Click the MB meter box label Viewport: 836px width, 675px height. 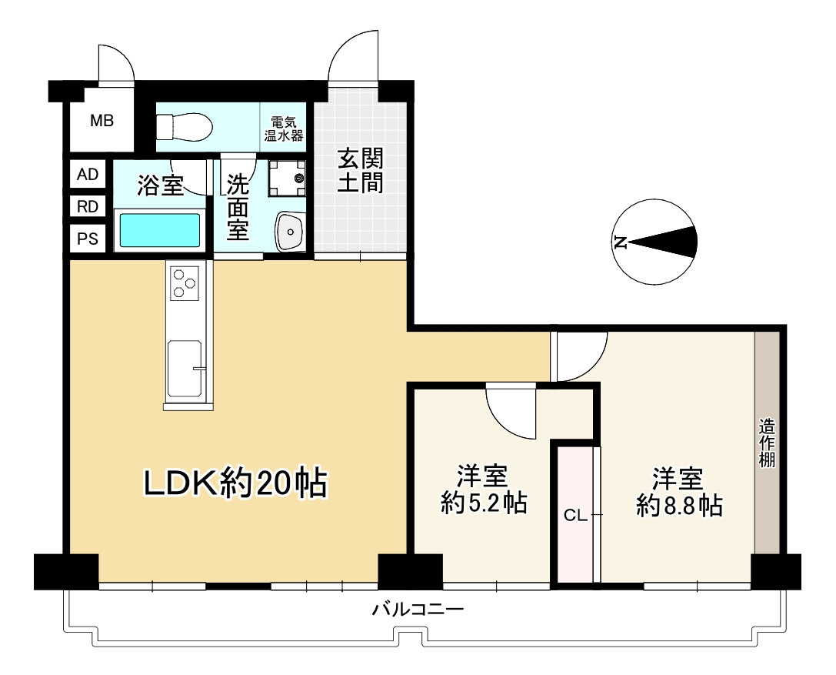tap(102, 121)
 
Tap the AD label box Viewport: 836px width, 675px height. tap(88, 174)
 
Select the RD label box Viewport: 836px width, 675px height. tap(88, 206)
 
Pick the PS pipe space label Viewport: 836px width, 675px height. tap(88, 238)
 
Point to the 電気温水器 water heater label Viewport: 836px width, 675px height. tap(284, 129)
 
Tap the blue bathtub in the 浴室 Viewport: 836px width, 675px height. tap(160, 230)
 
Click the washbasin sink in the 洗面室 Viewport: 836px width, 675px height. tap(290, 231)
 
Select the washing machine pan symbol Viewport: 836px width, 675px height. tap(287, 179)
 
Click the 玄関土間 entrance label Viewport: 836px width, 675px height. tap(361, 171)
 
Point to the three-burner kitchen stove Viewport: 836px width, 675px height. tap(184, 282)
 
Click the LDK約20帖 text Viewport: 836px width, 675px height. tap(235, 483)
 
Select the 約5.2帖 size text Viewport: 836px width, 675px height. tap(484, 503)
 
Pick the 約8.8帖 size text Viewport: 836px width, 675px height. tap(679, 506)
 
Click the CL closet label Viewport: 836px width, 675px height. tap(575, 516)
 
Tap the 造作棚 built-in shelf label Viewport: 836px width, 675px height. tap(768, 443)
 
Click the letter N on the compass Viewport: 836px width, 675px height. tap(620, 242)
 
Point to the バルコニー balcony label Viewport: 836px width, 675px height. tap(418, 608)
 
